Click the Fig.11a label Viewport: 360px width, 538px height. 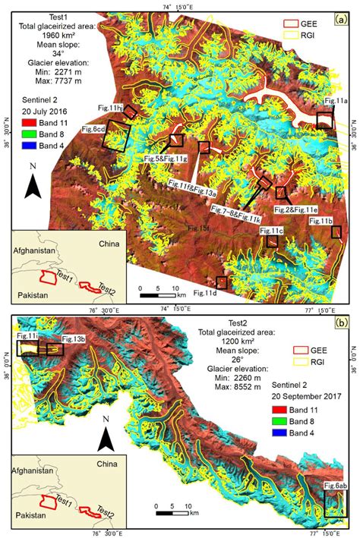(333, 101)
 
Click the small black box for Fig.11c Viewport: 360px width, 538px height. (273, 241)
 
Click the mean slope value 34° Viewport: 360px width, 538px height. (52, 64)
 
